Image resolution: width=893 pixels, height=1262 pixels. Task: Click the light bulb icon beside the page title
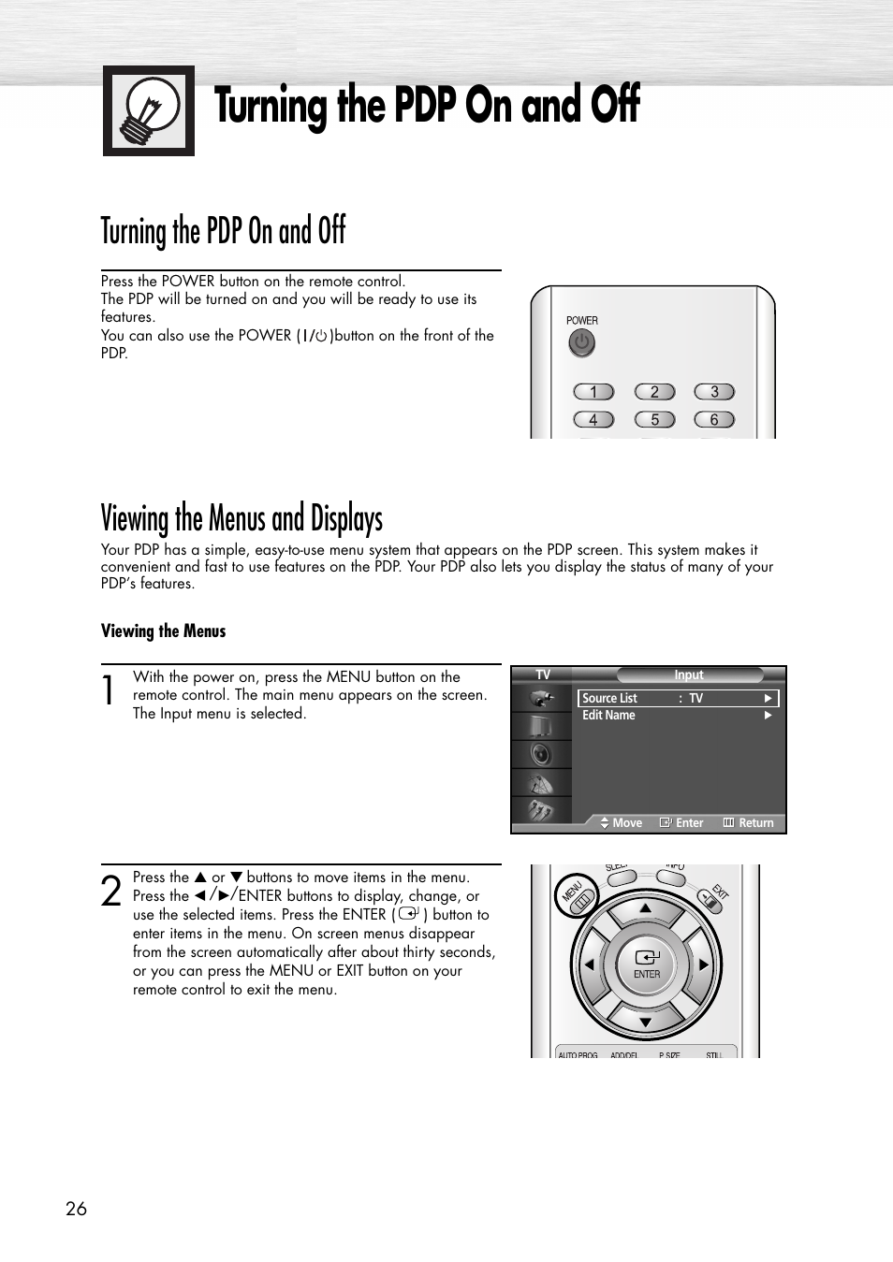pos(149,110)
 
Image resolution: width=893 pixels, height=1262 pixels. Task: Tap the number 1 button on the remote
pos(593,392)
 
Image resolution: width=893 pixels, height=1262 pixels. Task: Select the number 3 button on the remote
pos(714,392)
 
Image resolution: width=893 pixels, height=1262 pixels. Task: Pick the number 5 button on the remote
pos(654,420)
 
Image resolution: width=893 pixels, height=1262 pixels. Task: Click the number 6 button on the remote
pos(714,420)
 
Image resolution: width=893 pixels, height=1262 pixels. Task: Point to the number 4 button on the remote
pos(593,420)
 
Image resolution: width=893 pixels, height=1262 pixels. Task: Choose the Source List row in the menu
pos(678,698)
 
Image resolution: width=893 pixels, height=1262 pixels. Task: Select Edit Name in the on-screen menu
pos(608,716)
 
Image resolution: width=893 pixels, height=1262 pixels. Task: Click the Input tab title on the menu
pos(689,675)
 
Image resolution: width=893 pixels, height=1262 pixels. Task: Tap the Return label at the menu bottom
pos(755,823)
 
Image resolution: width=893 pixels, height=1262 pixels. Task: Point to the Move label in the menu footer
pos(626,823)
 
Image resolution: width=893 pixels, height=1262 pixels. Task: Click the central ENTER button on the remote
pos(647,965)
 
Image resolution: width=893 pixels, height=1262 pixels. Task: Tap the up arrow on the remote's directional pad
pos(646,908)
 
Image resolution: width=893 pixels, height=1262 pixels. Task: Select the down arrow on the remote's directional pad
pos(646,1022)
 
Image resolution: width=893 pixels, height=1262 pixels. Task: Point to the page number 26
pos(76,1209)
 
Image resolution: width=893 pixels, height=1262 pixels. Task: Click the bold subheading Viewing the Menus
pos(164,631)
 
